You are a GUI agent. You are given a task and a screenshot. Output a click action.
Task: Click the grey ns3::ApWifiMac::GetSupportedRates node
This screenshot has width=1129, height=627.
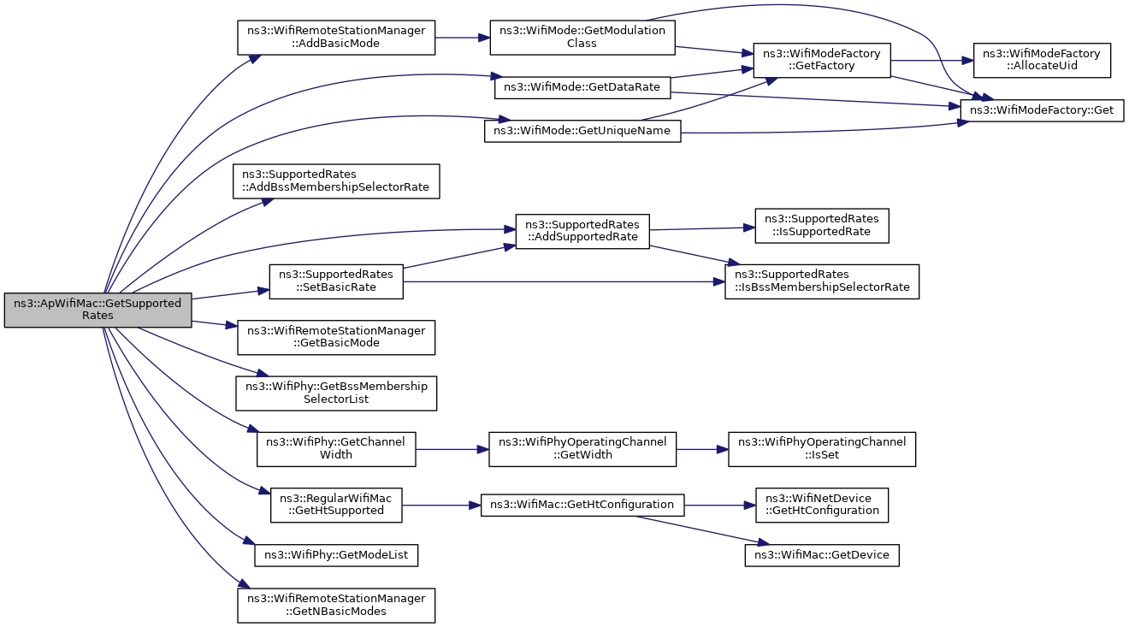(x=98, y=310)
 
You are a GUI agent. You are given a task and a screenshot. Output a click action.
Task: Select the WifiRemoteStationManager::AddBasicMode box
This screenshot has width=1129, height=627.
(x=336, y=38)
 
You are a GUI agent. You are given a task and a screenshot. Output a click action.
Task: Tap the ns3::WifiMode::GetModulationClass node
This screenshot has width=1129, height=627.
(x=582, y=38)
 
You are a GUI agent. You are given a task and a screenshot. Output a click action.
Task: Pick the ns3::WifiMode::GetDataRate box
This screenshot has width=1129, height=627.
(x=582, y=88)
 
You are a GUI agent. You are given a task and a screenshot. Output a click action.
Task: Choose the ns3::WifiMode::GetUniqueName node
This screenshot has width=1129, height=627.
(x=582, y=131)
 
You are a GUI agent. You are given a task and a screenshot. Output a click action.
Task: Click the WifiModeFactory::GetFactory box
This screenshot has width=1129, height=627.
(x=822, y=60)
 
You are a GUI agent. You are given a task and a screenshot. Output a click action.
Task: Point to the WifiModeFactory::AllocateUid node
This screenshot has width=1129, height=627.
(x=1042, y=60)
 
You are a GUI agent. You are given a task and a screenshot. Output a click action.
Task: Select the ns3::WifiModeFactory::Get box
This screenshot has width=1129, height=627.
(x=1042, y=110)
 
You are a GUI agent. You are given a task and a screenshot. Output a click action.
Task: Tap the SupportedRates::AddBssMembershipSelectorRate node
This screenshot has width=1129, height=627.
(x=336, y=181)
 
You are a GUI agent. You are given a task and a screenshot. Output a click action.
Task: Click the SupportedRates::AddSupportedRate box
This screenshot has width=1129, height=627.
(x=582, y=231)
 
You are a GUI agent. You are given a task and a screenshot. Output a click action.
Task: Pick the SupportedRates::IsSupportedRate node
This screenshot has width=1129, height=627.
(x=822, y=226)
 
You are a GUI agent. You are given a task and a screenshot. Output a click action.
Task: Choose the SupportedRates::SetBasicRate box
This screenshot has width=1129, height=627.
(x=336, y=281)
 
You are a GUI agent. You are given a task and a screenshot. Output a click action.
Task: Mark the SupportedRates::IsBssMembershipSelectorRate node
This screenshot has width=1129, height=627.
(x=822, y=281)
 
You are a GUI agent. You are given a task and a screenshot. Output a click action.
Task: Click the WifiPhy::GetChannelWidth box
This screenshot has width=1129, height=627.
(x=336, y=449)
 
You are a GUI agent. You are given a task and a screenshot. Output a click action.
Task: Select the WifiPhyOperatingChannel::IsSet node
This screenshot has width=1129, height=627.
(x=822, y=449)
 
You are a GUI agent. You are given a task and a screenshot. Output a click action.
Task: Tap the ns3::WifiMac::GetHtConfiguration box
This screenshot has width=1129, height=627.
(x=582, y=505)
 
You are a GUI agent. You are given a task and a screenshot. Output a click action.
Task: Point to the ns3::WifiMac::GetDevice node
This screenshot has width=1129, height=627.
(x=822, y=555)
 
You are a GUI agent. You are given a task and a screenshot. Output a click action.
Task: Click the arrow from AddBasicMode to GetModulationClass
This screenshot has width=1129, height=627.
(x=463, y=38)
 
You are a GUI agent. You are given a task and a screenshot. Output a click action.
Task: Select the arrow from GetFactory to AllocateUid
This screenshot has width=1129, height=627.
(x=932, y=61)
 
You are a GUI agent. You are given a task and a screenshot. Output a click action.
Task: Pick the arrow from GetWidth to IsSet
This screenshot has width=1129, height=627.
(x=702, y=449)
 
